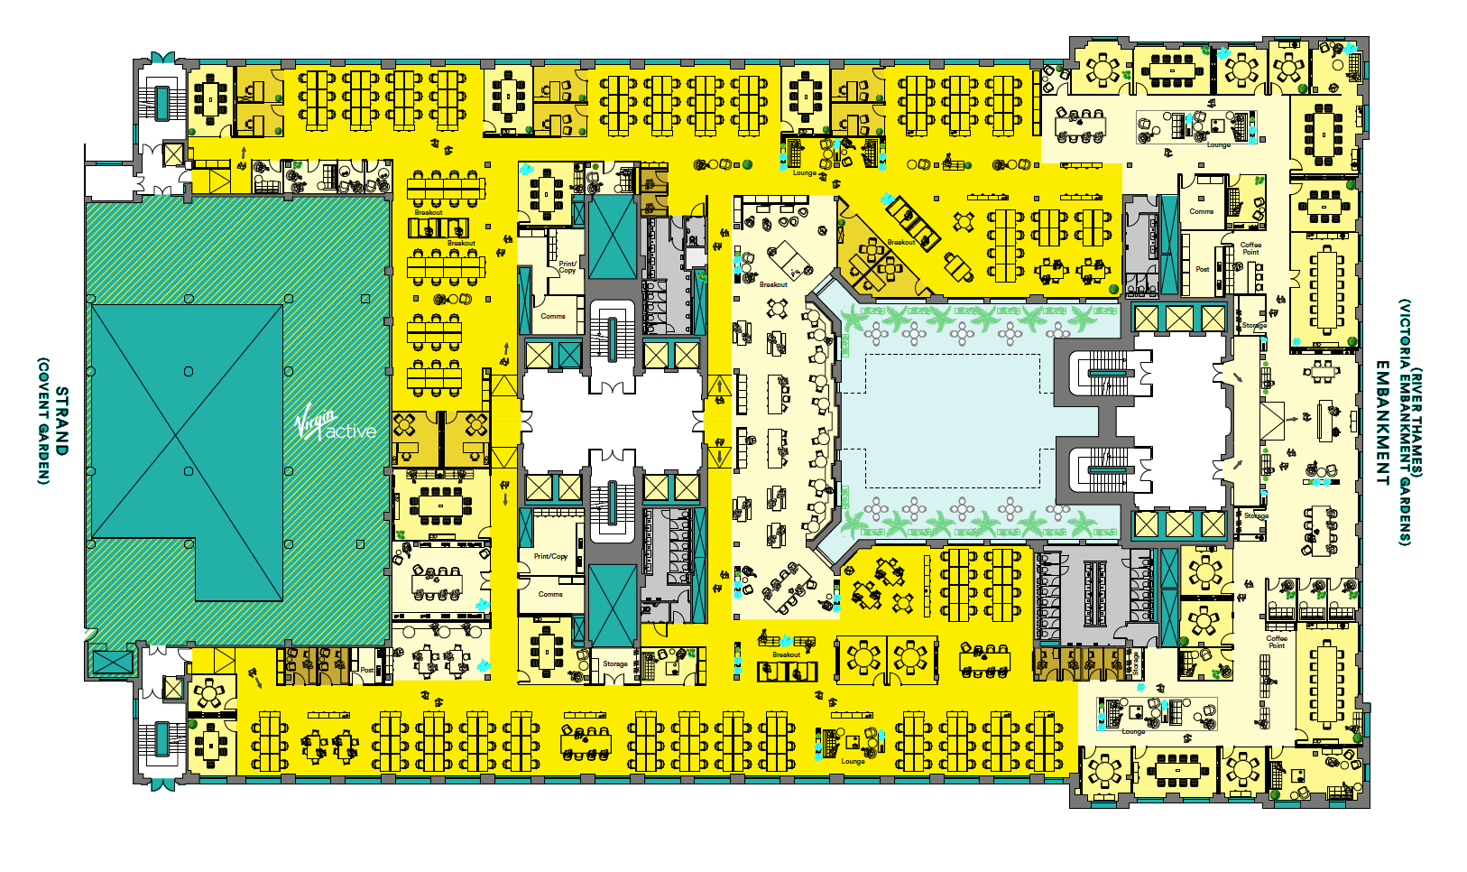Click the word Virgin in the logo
tap(317, 421)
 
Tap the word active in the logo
tap(351, 431)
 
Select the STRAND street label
tap(61, 421)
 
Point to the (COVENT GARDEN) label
tap(42, 421)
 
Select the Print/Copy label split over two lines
tap(567, 267)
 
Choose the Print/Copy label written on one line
tap(550, 556)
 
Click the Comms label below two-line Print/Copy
tap(553, 316)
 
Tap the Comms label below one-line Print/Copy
tap(550, 594)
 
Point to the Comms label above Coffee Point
tap(1201, 211)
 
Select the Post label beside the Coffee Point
tap(1202, 269)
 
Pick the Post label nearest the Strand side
tap(366, 670)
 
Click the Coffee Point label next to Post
tap(1250, 248)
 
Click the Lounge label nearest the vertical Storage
tap(1133, 732)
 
